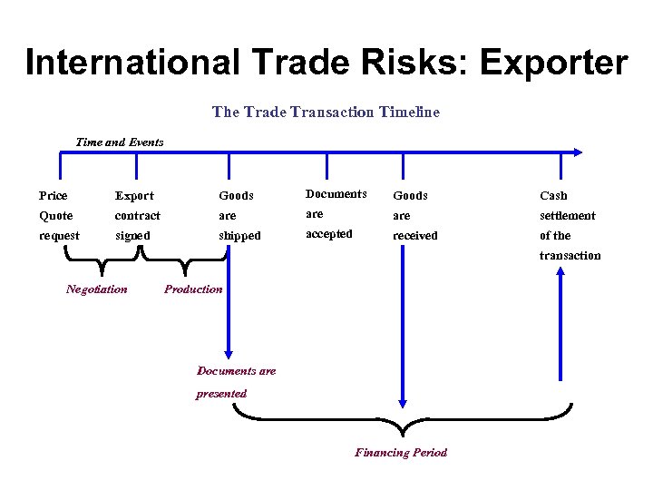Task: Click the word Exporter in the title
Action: coord(553,63)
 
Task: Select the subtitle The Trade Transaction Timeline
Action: coord(326,112)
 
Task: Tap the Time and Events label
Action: coord(120,142)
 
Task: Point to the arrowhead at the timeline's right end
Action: coord(578,153)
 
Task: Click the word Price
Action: coord(54,195)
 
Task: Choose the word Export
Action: coord(134,195)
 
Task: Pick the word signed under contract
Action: coord(132,235)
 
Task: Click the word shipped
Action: coord(239,235)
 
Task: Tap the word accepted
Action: coord(329,232)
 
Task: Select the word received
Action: coord(414,235)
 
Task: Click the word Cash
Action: coord(553,195)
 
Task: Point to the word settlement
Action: coord(568,215)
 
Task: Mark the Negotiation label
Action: coord(97,289)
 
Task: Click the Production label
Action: coord(193,289)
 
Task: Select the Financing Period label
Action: coord(401,452)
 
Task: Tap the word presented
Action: coord(221,393)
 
